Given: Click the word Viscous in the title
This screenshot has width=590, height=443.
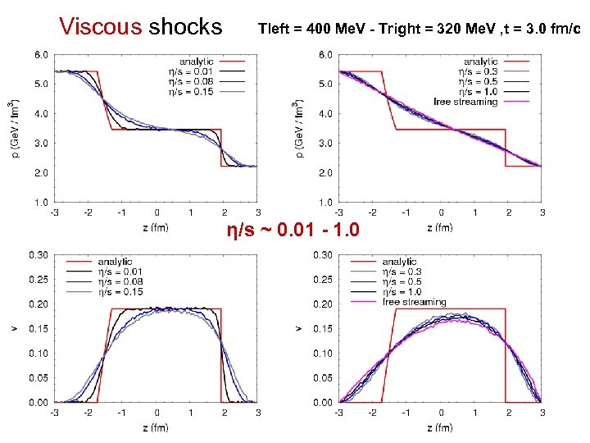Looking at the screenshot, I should pyautogui.click(x=100, y=26).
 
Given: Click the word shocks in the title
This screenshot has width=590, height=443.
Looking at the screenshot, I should pyautogui.click(x=185, y=26).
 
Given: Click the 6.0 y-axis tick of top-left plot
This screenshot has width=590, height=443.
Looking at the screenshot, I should pyautogui.click(x=40, y=54).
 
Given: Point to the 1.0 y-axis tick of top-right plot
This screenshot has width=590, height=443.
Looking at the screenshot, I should pyautogui.click(x=324, y=202).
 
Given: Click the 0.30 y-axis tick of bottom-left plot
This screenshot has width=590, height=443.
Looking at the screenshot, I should pyautogui.click(x=38, y=254).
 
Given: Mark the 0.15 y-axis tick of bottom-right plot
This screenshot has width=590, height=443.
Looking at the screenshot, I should pyautogui.click(x=322, y=329).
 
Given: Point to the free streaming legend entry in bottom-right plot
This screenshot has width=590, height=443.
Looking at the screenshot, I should pyautogui.click(x=415, y=301).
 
